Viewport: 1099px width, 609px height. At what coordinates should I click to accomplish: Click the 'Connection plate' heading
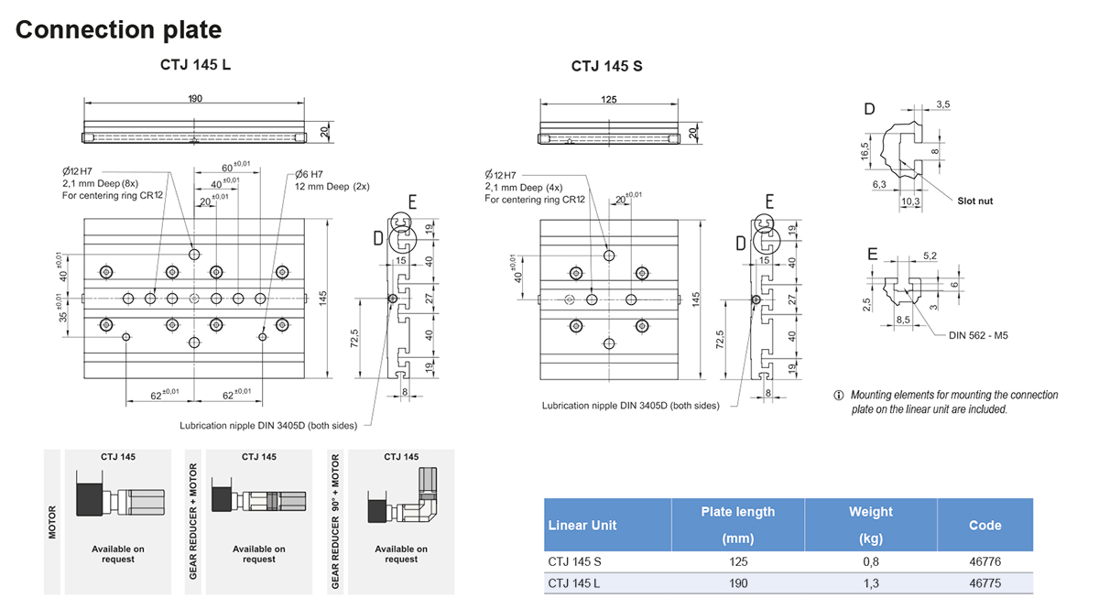[x=118, y=29]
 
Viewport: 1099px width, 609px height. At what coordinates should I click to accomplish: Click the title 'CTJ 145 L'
[x=195, y=65]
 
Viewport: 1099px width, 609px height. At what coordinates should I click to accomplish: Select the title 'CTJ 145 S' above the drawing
[x=606, y=66]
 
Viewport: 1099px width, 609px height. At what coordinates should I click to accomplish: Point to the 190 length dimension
[x=194, y=99]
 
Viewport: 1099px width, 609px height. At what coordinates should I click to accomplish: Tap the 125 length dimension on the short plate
[x=609, y=99]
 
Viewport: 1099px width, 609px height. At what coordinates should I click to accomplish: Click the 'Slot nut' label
[x=974, y=201]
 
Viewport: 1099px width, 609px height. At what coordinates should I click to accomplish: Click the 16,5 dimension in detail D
[x=865, y=151]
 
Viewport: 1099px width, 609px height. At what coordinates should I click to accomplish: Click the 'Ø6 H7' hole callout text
[x=309, y=174]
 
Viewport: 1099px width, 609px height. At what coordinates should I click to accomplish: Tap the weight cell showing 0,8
[x=870, y=561]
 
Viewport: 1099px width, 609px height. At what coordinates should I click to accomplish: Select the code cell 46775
[x=985, y=583]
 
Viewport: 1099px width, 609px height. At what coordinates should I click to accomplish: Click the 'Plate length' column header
[x=737, y=512]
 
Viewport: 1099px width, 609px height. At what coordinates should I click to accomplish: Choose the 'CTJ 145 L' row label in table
[x=575, y=583]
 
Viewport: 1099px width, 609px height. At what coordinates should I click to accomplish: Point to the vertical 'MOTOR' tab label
[x=53, y=522]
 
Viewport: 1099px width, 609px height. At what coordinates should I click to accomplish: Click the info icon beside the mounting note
[x=838, y=396]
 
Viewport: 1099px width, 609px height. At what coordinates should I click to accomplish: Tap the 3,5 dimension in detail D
[x=942, y=105]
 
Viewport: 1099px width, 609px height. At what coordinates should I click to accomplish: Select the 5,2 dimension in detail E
[x=930, y=256]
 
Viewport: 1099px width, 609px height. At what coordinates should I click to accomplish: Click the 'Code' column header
[x=985, y=525]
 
